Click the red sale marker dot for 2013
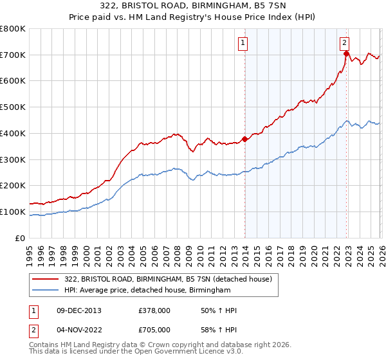pos(245,139)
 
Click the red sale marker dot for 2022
pos(346,54)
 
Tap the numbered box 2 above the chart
pos(345,43)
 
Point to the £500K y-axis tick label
pos(13,107)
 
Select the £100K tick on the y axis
pos(13,212)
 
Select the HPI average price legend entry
pos(147,291)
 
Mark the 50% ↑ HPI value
pos(210,310)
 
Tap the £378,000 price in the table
pos(154,310)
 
